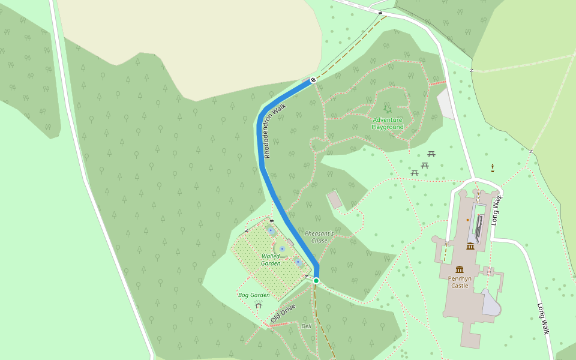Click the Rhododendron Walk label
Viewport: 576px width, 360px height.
click(x=275, y=131)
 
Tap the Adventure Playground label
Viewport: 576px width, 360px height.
click(x=388, y=123)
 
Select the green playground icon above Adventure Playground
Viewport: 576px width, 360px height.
click(x=388, y=109)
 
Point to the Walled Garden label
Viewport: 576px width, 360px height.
click(x=271, y=260)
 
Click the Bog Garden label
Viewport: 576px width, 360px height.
click(x=254, y=295)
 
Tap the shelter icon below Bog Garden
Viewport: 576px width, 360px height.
click(x=259, y=305)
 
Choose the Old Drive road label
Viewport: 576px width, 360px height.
click(x=283, y=313)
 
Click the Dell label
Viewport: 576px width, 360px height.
click(x=307, y=326)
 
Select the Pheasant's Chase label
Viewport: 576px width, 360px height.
click(x=319, y=236)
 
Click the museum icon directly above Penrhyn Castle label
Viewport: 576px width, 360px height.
click(x=460, y=269)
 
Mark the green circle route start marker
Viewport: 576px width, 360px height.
click(x=316, y=281)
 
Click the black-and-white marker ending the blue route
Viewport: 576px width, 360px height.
click(x=313, y=80)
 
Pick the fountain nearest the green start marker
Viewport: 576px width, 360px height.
click(x=298, y=262)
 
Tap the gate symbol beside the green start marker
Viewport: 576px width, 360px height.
click(x=307, y=276)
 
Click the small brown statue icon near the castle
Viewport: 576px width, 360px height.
click(x=493, y=167)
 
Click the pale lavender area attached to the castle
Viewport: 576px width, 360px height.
click(x=491, y=303)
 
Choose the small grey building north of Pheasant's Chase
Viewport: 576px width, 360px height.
click(x=335, y=200)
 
